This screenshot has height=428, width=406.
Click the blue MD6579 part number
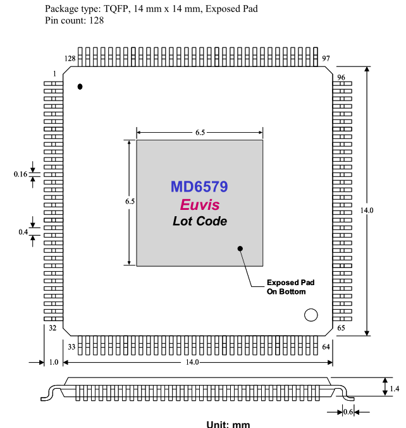coord(199,187)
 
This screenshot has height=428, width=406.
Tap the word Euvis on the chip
coord(200,205)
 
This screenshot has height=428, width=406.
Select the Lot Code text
coord(200,221)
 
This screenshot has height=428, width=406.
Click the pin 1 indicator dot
coord(80,86)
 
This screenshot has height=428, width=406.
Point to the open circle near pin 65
coord(311,315)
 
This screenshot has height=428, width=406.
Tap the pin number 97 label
coord(326,58)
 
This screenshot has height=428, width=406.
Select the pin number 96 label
coord(341,77)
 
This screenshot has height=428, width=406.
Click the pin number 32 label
coord(52,329)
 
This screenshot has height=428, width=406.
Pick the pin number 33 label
coord(71,346)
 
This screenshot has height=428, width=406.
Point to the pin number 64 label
coord(326,346)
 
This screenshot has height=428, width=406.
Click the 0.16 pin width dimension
coord(20,174)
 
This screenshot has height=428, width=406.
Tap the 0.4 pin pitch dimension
coord(23,232)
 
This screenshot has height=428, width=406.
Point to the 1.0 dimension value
coord(53,362)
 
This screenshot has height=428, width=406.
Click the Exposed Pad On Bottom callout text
coord(290,287)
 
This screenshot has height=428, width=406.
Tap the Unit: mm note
coord(228,423)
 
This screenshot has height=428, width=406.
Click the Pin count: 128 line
coord(75,20)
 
